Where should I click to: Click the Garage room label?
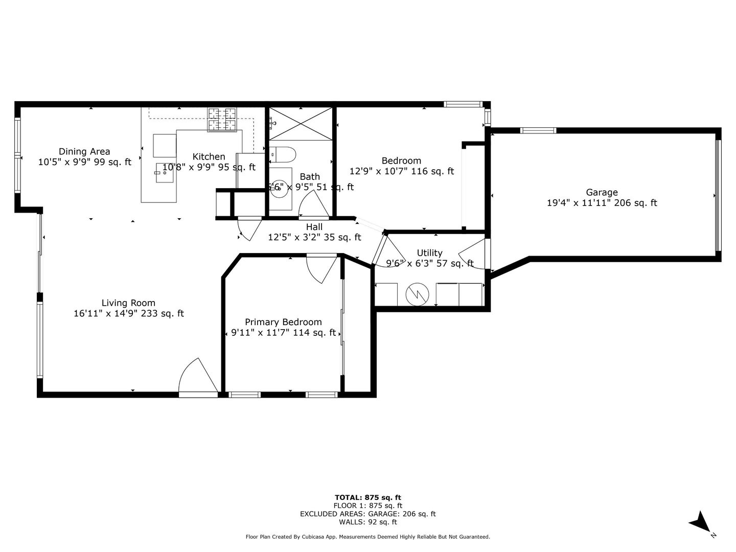[602, 193]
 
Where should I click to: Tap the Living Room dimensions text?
[128, 314]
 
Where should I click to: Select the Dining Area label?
[84, 151]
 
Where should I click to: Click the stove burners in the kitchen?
[222, 119]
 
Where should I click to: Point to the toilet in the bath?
[283, 153]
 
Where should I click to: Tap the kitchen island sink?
[164, 173]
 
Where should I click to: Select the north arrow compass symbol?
[701, 522]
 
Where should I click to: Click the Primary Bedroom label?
[283, 322]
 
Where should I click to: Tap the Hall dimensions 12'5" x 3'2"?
[314, 237]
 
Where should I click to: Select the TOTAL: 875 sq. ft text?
[367, 497]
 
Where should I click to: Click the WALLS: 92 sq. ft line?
[367, 522]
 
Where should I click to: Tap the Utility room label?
[429, 253]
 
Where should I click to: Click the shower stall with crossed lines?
[300, 123]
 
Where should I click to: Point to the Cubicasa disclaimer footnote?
[367, 537]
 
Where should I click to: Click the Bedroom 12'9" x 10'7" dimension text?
[401, 172]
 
